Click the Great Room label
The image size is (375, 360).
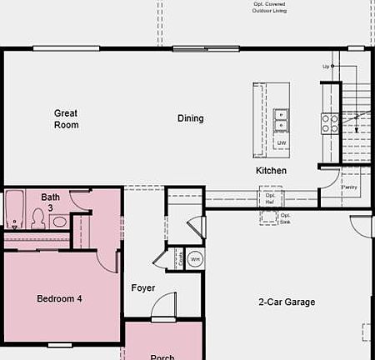[67, 119]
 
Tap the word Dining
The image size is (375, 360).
[190, 118]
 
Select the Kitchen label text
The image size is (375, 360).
[271, 171]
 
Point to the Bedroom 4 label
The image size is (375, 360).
[59, 298]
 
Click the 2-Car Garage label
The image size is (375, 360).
[287, 302]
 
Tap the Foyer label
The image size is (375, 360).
[143, 288]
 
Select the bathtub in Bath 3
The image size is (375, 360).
[14, 209]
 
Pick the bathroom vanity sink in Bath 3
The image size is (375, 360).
[59, 222]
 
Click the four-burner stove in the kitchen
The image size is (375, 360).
[330, 123]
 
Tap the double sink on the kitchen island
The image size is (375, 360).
[281, 120]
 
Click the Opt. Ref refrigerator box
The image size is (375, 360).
[270, 197]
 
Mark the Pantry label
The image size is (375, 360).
[351, 187]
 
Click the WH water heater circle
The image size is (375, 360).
[194, 259]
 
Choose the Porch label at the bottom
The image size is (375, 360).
[162, 357]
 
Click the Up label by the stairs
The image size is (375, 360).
[326, 66]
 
